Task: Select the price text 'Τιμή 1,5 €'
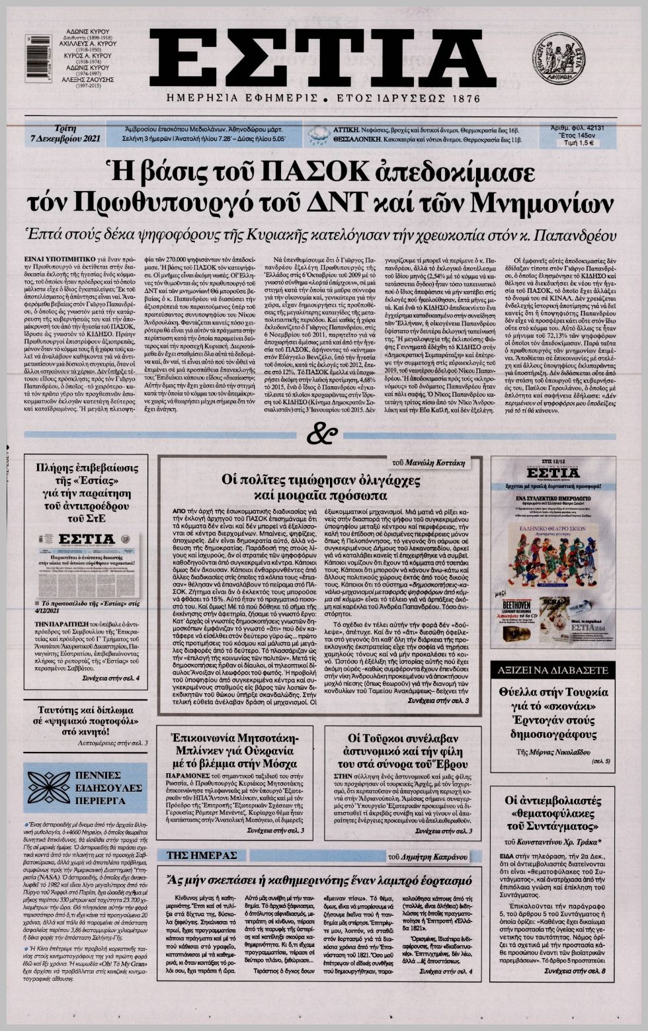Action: [x=578, y=142]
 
